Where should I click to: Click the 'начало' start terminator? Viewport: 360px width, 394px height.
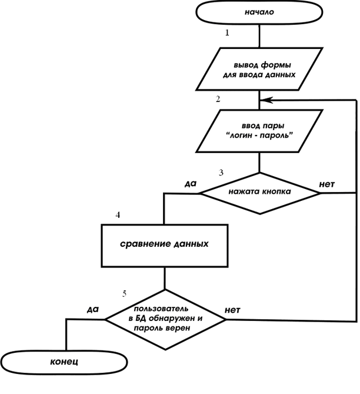click(259, 11)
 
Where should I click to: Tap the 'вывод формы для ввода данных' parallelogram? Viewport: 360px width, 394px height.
click(259, 71)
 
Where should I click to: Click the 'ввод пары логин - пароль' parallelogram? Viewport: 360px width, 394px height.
click(259, 131)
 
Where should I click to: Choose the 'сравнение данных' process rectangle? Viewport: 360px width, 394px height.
click(165, 243)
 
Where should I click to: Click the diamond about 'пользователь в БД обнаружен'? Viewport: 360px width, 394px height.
click(165, 319)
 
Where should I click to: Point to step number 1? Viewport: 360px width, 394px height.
click(227, 32)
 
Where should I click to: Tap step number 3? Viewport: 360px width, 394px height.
click(221, 173)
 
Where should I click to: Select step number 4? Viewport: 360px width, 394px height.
click(118, 215)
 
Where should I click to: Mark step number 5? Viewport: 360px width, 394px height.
click(124, 293)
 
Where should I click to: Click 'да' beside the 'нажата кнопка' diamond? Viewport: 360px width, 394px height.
click(190, 184)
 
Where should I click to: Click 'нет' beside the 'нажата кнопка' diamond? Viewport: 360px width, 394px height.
click(326, 184)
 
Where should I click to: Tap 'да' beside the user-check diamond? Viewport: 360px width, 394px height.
click(92, 309)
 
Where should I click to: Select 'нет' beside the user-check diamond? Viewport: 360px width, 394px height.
click(232, 309)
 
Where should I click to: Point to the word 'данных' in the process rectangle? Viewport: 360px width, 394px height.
click(189, 243)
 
